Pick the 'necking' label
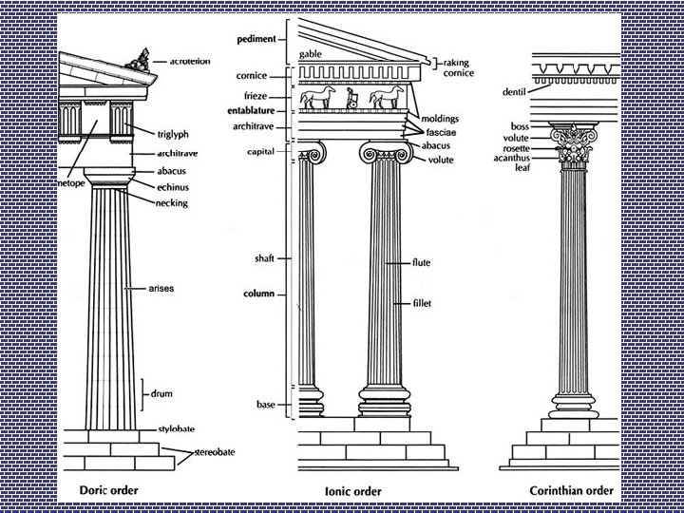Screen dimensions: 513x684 pyautogui.click(x=178, y=202)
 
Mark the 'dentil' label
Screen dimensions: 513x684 pyautogui.click(x=514, y=92)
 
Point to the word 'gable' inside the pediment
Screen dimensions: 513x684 pyautogui.click(x=311, y=54)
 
